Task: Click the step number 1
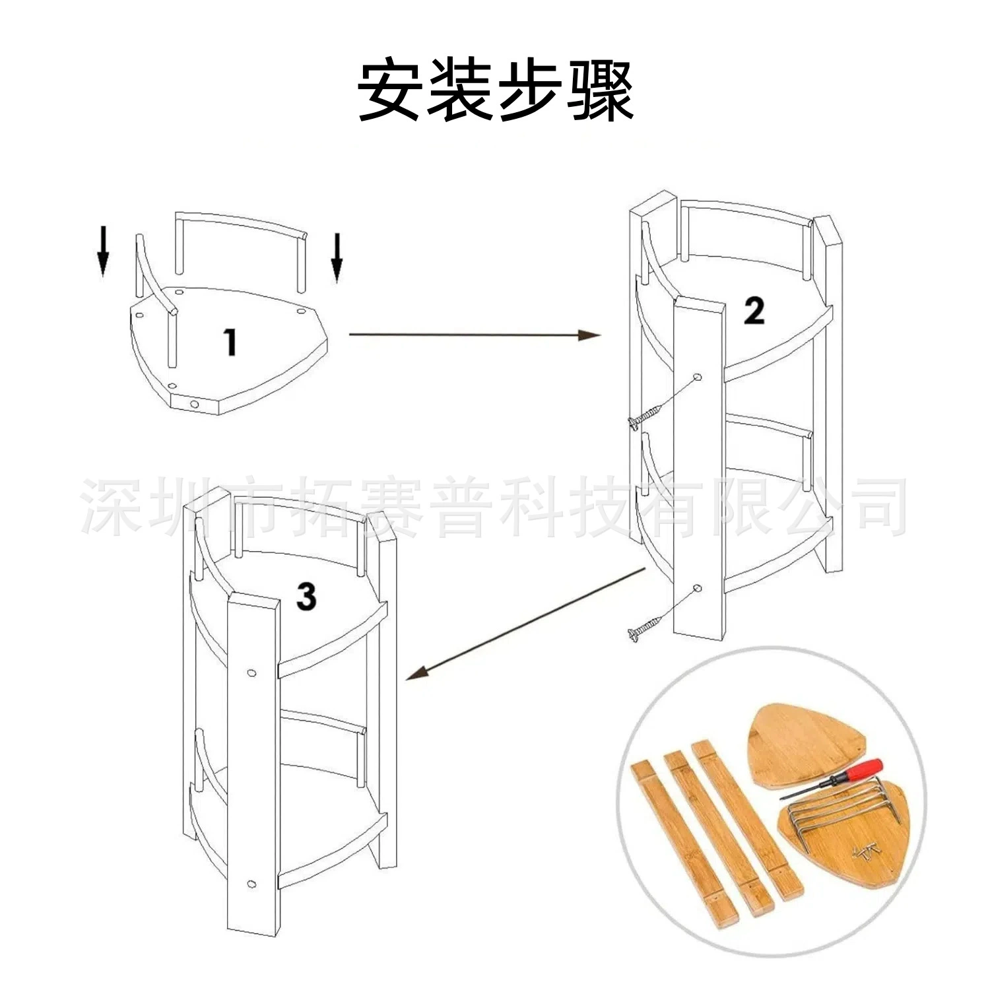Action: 230,343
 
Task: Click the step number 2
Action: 754,311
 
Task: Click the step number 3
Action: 306,597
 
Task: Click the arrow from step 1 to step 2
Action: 475,335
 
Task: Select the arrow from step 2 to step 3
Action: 525,624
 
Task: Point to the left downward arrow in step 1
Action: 103,250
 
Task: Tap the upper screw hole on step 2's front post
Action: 698,378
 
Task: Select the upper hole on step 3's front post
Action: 251,673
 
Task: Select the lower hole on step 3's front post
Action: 251,884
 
